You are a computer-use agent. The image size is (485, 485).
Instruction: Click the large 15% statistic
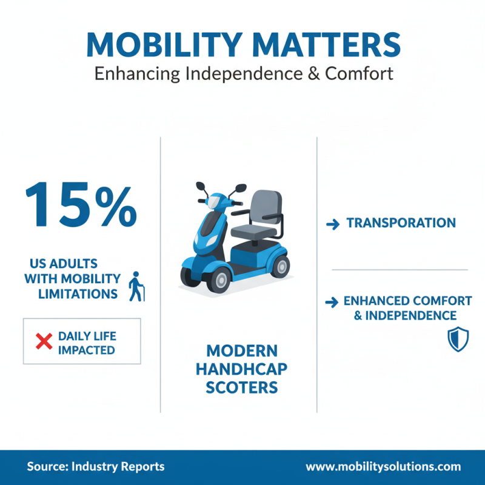pyautogui.click(x=81, y=203)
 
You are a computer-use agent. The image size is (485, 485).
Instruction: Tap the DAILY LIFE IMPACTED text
pyautogui.click(x=86, y=342)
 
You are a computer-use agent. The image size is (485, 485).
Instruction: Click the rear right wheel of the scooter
pyautogui.click(x=279, y=264)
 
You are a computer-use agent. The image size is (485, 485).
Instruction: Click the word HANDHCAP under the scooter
pyautogui.click(x=242, y=369)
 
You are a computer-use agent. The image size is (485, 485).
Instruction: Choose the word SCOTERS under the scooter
pyautogui.click(x=242, y=387)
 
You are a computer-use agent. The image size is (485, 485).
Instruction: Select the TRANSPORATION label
pyautogui.click(x=401, y=223)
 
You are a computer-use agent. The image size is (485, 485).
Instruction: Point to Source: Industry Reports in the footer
pyautogui.click(x=95, y=467)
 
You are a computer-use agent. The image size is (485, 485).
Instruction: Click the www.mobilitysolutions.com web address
pyautogui.click(x=383, y=467)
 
